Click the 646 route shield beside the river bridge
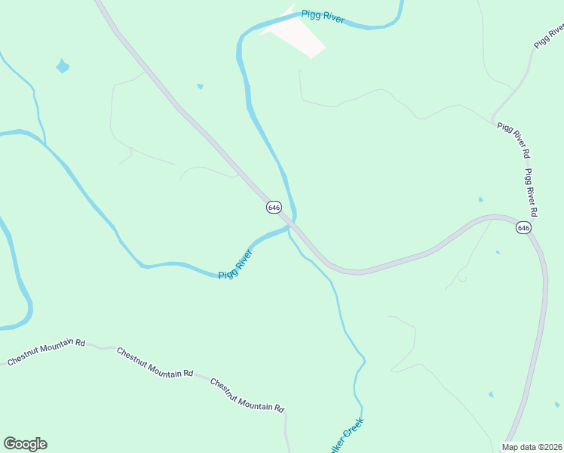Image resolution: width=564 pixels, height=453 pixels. [274, 207]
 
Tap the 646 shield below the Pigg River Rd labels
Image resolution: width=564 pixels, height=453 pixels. [524, 227]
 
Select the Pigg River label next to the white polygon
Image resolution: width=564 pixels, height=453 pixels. [323, 17]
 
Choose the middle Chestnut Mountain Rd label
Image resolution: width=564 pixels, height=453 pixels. [155, 362]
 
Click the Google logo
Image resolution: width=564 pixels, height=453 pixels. [25, 444]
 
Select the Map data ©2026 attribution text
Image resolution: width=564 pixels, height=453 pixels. [531, 447]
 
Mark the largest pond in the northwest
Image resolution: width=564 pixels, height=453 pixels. [63, 66]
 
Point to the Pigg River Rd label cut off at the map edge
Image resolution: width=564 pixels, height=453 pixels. [548, 36]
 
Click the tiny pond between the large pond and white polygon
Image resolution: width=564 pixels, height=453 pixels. [200, 87]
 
